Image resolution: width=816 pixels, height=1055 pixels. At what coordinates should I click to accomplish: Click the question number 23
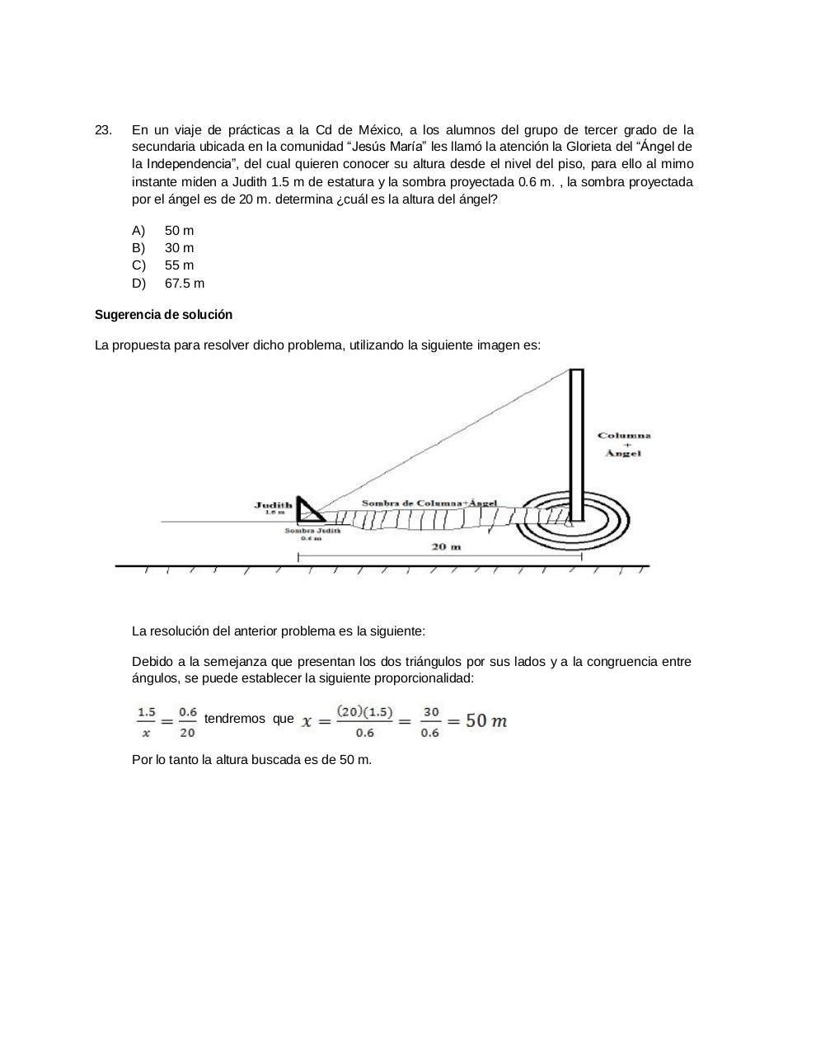point(103,130)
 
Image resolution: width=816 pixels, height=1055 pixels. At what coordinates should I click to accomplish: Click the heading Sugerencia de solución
point(163,315)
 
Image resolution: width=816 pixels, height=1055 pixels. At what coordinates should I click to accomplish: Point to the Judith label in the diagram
point(273,505)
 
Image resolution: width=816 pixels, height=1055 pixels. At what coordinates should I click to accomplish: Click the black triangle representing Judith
point(306,512)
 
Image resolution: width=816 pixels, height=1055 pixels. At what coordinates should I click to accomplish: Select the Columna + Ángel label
point(624,444)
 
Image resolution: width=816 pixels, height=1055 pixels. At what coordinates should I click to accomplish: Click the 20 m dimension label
point(446,546)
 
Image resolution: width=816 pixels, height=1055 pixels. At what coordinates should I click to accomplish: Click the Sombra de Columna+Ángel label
point(429,503)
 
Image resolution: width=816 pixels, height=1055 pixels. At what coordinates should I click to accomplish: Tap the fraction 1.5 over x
point(146,721)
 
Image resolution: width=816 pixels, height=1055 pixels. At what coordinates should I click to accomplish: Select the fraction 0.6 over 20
point(187,721)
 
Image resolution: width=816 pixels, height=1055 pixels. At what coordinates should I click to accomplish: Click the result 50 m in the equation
point(486,720)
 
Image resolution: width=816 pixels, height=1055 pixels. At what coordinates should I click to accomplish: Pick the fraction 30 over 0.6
point(430,721)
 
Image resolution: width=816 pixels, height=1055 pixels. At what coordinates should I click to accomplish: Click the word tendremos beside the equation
point(234,719)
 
